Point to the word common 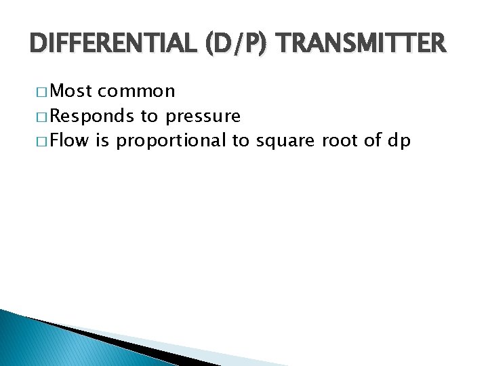pos(136,91)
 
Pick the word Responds pos(93,117)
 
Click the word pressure pos(203,117)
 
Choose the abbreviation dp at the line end pos(399,142)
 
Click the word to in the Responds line pos(149,117)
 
